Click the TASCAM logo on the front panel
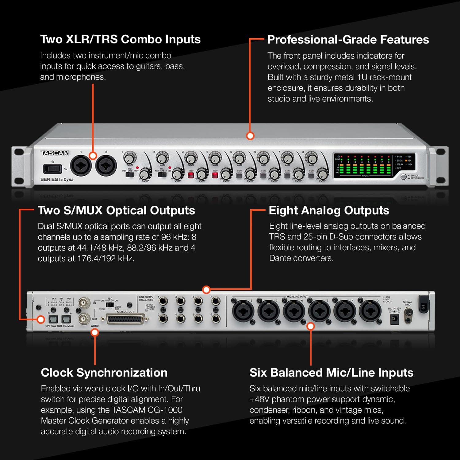pos(55,153)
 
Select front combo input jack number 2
pos(106,166)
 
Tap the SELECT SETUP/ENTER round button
pos(404,177)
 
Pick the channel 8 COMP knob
pos(322,174)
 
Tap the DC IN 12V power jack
pos(394,320)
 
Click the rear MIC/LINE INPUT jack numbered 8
pos(243,311)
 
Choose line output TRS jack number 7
pos(216,301)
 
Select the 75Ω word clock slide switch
pos(110,305)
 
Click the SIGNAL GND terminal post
pos(408,313)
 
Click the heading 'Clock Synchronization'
pos(104,372)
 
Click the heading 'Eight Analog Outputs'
pos(329,210)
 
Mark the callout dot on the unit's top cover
pos(250,136)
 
